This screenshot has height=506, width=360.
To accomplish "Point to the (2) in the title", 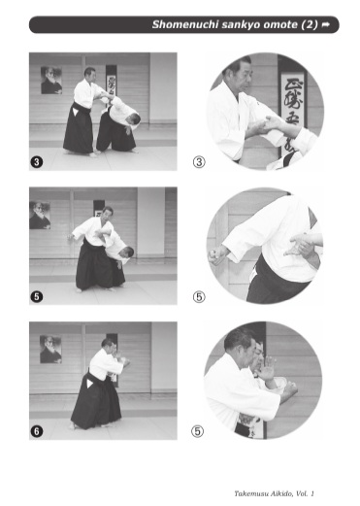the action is [x=310, y=25].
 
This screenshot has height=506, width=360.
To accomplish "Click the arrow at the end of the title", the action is [x=326, y=24].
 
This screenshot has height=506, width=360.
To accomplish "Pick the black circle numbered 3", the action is [x=37, y=161].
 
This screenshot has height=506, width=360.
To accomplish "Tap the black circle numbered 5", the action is [x=37, y=296].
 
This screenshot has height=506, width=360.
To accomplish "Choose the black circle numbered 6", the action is [x=37, y=431].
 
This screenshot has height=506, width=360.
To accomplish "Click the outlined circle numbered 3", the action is [x=199, y=162].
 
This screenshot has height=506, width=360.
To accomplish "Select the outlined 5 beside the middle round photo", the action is [x=199, y=296].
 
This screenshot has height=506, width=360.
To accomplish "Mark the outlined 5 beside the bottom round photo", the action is [x=197, y=431].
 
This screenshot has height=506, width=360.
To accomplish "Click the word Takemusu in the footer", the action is [x=249, y=493].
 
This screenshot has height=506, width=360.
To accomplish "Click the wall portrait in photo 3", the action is [x=51, y=81].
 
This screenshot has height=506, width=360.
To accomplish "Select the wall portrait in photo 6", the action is [x=50, y=350].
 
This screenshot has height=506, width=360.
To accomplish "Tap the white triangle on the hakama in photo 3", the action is [x=76, y=112].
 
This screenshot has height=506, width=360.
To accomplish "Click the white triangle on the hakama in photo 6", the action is [x=89, y=384].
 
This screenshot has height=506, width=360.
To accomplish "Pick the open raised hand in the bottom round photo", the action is [x=267, y=369].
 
